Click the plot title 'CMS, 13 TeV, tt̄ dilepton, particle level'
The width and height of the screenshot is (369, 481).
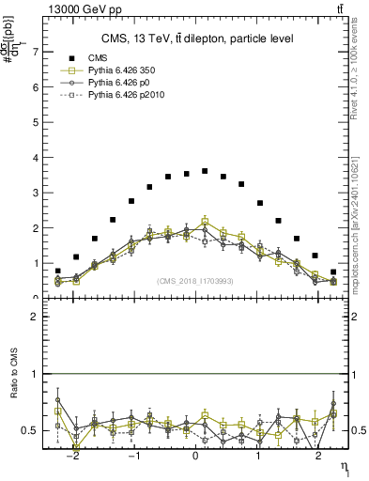pos(197,39)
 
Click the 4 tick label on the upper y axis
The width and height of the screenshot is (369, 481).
pos(38,158)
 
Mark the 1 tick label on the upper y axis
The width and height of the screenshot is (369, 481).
pos(38,263)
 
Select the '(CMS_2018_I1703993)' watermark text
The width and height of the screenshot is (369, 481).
pos(194,281)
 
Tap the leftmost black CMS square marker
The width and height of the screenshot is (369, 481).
pos(57,272)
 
